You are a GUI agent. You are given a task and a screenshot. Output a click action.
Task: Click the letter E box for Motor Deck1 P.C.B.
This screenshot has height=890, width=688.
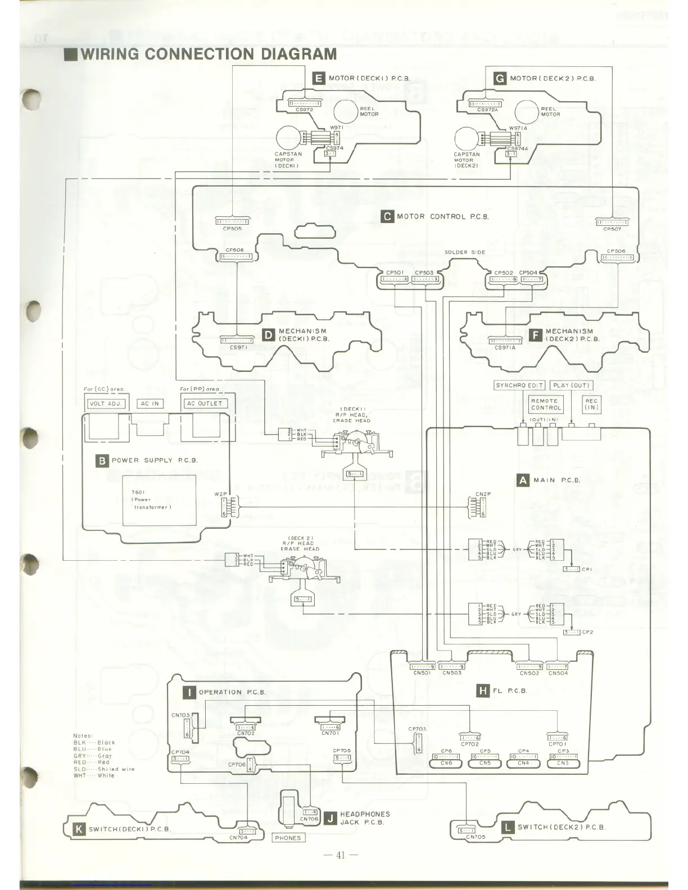(x=319, y=78)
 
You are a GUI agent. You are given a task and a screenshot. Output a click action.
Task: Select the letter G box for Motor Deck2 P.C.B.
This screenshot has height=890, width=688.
(x=499, y=78)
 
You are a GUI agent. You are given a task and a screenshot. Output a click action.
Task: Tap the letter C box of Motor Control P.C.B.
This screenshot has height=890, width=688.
(x=387, y=216)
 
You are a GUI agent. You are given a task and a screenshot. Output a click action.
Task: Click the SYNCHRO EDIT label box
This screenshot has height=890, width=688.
(x=519, y=385)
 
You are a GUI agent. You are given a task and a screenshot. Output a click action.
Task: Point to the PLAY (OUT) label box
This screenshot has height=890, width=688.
(x=571, y=385)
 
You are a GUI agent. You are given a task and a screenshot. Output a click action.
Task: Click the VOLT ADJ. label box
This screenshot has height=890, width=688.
(x=105, y=403)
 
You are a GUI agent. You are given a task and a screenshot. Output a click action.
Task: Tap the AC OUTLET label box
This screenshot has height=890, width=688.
(x=205, y=403)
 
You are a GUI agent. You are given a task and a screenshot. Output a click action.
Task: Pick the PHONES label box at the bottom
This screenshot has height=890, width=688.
(x=288, y=838)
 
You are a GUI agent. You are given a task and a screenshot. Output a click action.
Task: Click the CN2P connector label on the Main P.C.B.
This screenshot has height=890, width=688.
(x=483, y=494)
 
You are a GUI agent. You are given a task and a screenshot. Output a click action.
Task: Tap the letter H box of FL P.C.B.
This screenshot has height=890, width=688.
(x=482, y=691)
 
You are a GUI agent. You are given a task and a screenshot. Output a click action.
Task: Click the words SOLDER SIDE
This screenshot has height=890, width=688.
(x=464, y=252)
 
